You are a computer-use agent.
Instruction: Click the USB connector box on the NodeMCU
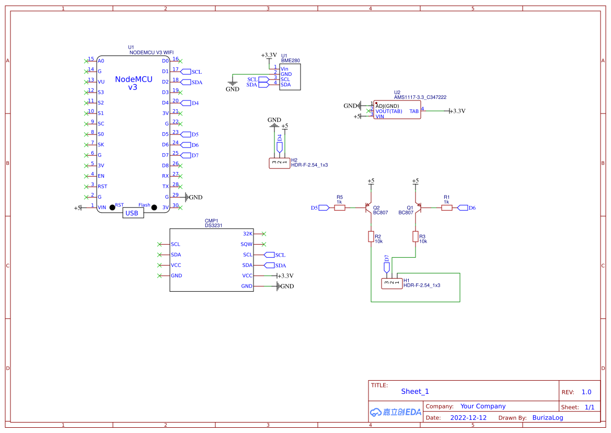(x=133, y=213)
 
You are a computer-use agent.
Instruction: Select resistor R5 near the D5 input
(x=339, y=208)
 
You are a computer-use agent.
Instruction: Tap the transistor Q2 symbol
(x=367, y=207)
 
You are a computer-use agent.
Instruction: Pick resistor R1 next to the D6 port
(x=446, y=208)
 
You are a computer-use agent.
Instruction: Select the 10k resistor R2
(x=371, y=236)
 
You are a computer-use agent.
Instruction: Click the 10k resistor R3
(x=416, y=236)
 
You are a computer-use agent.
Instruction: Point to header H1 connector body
(x=391, y=283)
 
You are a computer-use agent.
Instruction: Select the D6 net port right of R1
(x=463, y=208)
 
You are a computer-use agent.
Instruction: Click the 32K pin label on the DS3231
(x=248, y=234)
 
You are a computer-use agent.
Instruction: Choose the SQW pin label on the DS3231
(x=246, y=244)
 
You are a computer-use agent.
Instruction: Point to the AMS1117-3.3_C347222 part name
(x=420, y=97)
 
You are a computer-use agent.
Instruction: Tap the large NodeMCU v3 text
(x=133, y=83)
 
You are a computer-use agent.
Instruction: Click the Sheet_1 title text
(x=415, y=391)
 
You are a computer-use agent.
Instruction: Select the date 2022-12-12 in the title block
(x=468, y=418)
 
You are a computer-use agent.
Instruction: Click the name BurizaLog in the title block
(x=548, y=418)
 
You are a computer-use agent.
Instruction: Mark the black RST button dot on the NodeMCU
(x=112, y=208)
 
